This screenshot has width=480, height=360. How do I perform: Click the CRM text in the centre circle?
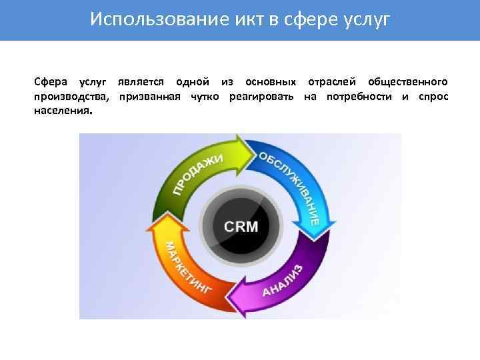tap(241, 227)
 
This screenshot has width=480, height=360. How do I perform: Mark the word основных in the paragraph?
tap(270, 83)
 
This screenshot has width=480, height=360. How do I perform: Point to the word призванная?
tap(150, 97)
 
